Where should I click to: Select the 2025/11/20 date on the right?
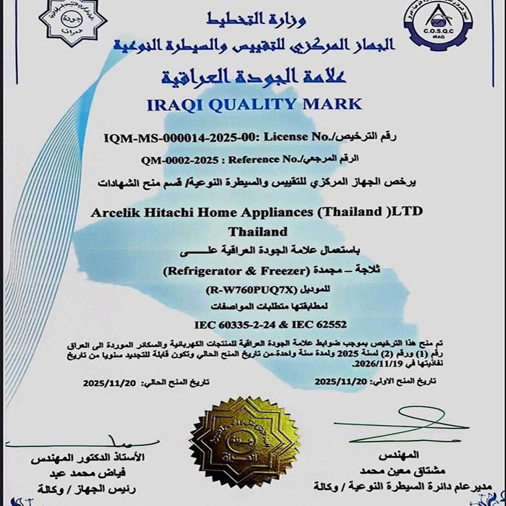coord(340,381)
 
